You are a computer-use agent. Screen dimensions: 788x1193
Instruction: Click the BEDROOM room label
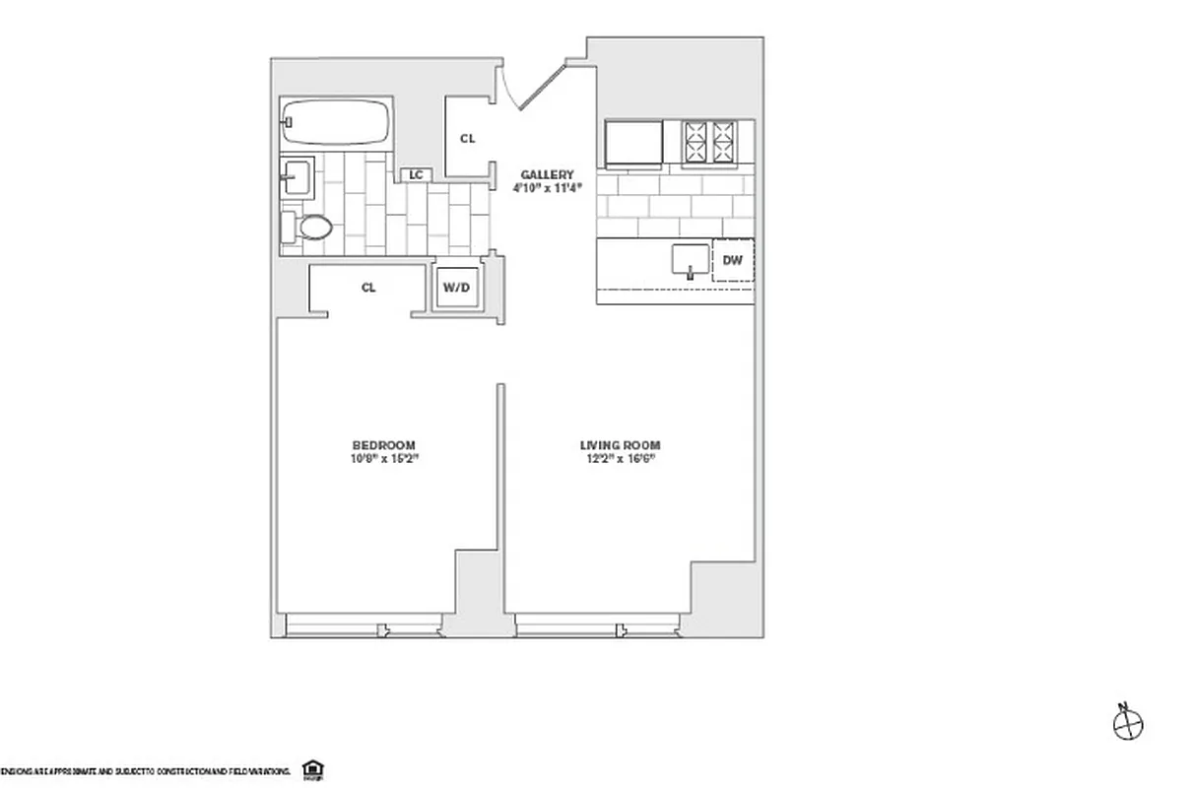[x=384, y=445]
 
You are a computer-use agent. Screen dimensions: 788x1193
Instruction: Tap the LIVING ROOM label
[x=620, y=445]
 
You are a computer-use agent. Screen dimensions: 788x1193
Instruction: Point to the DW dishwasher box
[x=732, y=261]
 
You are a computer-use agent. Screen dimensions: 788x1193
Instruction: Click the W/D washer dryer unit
[x=455, y=289]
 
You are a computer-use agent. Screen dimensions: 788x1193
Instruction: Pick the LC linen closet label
[x=416, y=175]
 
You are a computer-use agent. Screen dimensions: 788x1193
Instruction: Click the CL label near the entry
[x=467, y=139]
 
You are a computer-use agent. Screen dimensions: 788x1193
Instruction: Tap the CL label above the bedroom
[x=368, y=289]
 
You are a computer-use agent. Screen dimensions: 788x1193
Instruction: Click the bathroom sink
[x=297, y=180]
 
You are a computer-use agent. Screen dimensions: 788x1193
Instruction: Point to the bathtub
[x=336, y=122]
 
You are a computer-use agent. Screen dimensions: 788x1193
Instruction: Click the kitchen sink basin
[x=691, y=260]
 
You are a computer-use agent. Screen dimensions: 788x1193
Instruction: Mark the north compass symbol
[x=1127, y=725]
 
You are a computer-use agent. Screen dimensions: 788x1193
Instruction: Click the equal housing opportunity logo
[x=313, y=769]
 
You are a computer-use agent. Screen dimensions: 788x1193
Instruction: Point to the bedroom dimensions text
[x=384, y=458]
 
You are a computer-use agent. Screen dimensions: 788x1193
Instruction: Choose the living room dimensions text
[x=620, y=458]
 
